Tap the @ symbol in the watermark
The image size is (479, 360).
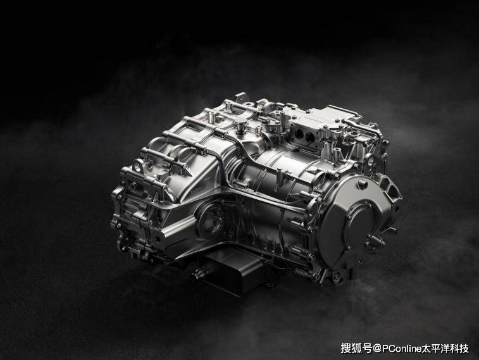pyautogui.click(x=376, y=349)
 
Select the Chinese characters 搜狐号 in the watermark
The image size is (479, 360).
pyautogui.click(x=356, y=349)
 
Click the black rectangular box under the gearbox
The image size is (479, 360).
pyautogui.click(x=235, y=271)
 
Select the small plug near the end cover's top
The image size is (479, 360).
pyautogui.click(x=363, y=184)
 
